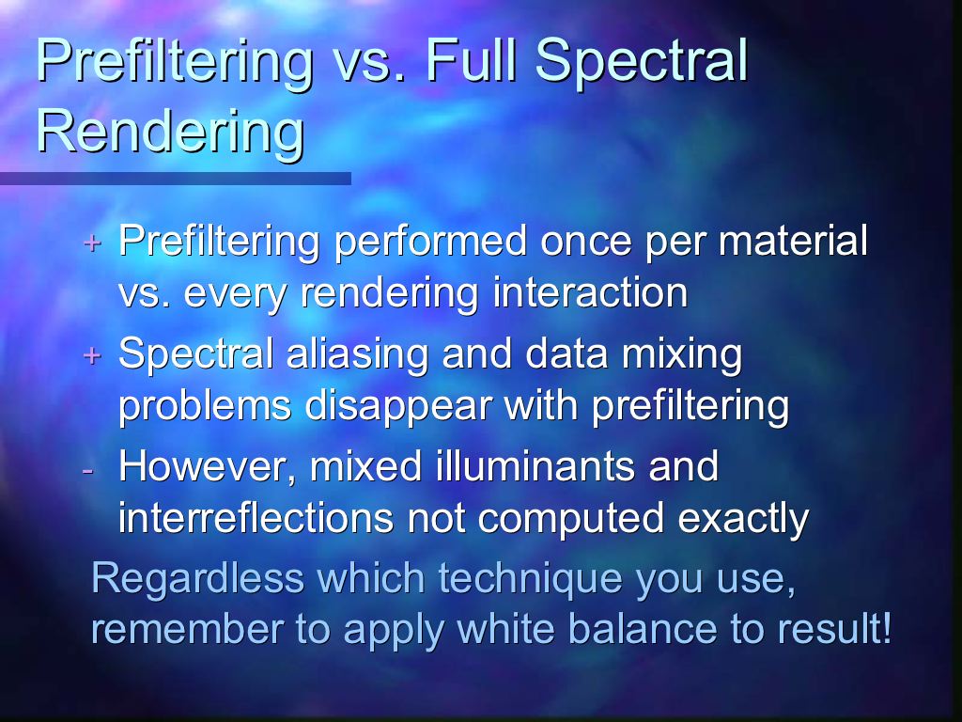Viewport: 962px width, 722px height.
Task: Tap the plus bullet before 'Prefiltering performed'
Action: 92,243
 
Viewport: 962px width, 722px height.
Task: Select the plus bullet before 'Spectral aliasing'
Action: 92,354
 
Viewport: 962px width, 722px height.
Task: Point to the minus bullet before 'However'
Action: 87,470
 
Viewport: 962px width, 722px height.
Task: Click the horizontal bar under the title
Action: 176,179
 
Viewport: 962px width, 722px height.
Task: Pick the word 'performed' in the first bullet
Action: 430,242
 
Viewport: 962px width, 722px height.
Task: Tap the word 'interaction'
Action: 590,292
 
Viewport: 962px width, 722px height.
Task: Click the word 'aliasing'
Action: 356,354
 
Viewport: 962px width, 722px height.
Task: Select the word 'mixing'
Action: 682,354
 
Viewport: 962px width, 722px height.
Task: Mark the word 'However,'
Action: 208,466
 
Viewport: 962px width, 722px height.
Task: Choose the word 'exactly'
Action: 743,519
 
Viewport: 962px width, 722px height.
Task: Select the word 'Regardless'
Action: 197,578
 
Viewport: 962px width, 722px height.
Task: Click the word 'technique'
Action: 530,579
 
